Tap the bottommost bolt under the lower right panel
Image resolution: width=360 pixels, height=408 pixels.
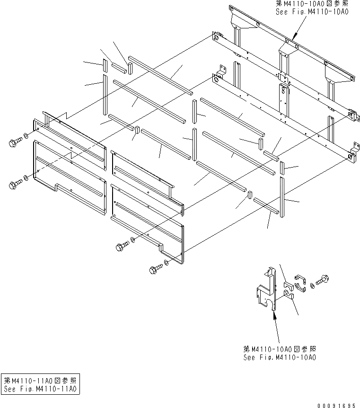pos(155,268)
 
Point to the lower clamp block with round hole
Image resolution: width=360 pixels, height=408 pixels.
pos(288,296)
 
